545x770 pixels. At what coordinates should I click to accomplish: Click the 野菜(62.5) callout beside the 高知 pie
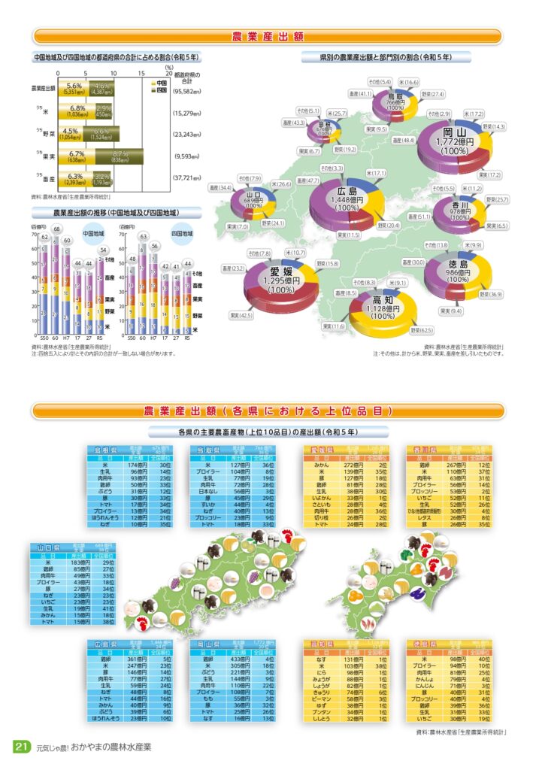tap(422, 330)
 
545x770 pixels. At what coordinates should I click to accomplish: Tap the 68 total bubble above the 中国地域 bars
tap(56, 229)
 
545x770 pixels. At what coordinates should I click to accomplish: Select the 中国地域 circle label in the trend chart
tap(95, 233)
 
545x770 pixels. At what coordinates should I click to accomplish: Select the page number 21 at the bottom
tap(21, 747)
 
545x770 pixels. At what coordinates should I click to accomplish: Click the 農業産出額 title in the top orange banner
tap(268, 37)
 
